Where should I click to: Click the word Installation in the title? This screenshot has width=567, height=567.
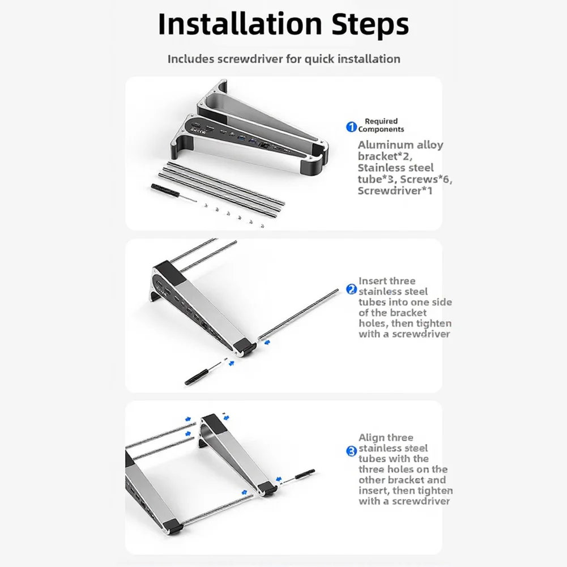tap(240, 24)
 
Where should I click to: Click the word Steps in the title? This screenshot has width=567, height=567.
tap(370, 24)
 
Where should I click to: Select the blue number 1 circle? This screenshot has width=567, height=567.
tap(351, 127)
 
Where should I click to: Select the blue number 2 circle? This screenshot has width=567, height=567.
tap(351, 289)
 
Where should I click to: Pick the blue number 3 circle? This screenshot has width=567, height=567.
tap(351, 451)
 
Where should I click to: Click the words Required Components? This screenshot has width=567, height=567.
tap(381, 125)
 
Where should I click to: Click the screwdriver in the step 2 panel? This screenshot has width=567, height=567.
tap(204, 373)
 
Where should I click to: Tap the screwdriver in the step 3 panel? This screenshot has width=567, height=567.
tap(299, 475)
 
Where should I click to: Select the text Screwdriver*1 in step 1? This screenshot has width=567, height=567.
tap(395, 190)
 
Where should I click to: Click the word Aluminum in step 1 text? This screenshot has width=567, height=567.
tap(385, 145)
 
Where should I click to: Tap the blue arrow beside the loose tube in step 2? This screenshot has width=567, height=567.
tap(267, 342)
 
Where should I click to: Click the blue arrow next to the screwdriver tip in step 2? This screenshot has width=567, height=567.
tap(232, 363)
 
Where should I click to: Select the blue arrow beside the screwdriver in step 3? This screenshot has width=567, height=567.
tap(279, 480)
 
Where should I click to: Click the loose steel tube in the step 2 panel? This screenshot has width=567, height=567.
tap(299, 314)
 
